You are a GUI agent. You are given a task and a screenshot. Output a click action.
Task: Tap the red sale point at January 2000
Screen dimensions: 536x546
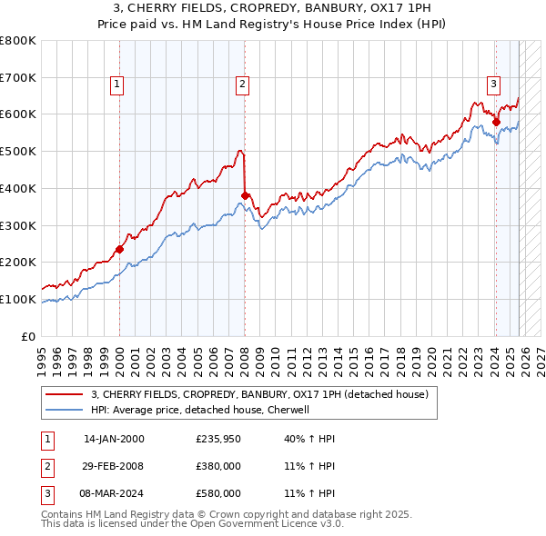(x=119, y=248)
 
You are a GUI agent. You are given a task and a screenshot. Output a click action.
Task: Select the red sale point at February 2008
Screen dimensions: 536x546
(x=245, y=194)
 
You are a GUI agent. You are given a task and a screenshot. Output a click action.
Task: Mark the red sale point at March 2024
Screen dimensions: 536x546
(x=496, y=121)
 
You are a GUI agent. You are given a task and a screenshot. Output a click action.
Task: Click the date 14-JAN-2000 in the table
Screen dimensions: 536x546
(x=114, y=439)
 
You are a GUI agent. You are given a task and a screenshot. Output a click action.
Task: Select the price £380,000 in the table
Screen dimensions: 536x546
(x=218, y=466)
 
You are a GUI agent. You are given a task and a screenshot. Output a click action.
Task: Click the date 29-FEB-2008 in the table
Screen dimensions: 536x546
(x=114, y=466)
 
